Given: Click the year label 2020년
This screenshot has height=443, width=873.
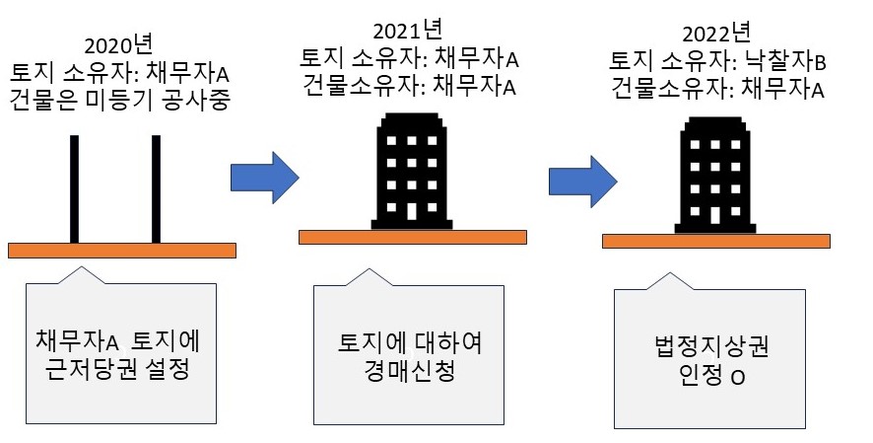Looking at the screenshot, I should click(119, 45).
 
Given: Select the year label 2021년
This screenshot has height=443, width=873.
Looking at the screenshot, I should click(409, 33).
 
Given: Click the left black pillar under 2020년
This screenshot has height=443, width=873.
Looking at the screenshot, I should click(74, 188).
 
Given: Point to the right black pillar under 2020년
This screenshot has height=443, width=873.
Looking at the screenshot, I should click(156, 188).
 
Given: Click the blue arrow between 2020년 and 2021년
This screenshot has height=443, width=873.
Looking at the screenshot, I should click(264, 177).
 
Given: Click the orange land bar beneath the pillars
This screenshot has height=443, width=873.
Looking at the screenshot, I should click(122, 250).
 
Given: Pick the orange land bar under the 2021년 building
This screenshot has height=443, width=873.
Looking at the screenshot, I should click(411, 237).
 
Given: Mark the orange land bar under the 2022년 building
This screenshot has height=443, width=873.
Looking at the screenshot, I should click(714, 241).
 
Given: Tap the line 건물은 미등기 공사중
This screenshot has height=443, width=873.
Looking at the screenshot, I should click(119, 99).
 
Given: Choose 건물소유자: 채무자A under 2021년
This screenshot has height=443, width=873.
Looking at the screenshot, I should click(410, 87).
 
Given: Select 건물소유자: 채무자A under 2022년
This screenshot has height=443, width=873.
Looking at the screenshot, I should click(717, 91).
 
